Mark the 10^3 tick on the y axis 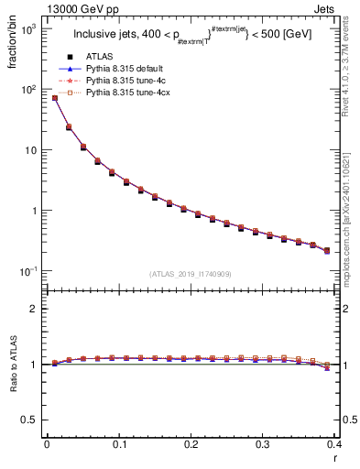point(29,29)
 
